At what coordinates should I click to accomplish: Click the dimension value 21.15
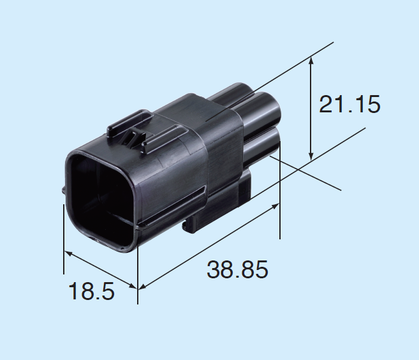349,104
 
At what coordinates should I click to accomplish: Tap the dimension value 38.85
237,269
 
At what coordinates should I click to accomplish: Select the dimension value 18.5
92,291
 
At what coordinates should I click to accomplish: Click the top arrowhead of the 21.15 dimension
311,61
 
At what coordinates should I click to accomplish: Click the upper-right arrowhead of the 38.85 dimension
276,206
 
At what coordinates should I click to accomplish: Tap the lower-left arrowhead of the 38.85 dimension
142,287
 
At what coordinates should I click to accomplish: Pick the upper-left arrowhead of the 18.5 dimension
68,253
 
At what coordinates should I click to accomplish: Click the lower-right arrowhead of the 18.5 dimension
133,286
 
